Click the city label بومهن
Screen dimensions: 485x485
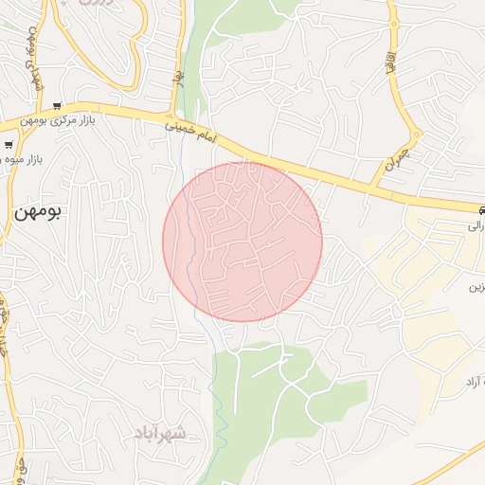click(37, 212)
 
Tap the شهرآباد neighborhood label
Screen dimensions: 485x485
click(161, 433)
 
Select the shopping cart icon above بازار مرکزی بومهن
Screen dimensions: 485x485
click(58, 106)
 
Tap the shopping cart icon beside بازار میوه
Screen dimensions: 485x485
click(9, 145)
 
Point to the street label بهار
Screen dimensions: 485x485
click(176, 74)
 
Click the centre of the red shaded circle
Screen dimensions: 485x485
click(242, 242)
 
